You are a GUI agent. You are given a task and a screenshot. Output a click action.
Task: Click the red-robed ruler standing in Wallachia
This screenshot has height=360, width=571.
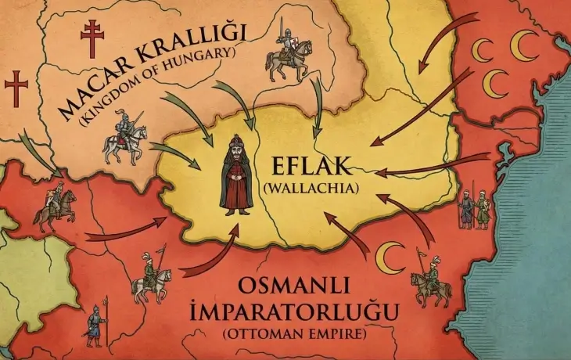235,174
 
